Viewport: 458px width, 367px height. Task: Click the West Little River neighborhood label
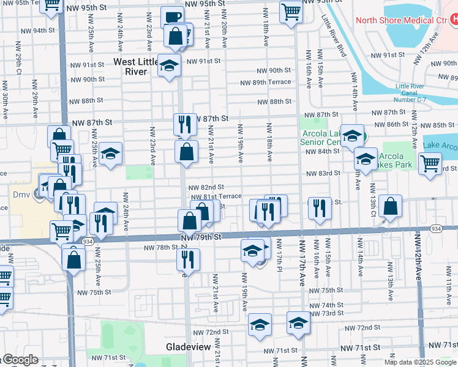(x=139, y=67)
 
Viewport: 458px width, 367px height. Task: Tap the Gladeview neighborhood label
(x=189, y=347)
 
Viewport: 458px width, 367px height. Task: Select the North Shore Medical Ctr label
(x=402, y=20)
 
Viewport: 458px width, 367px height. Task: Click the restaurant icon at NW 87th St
(x=184, y=125)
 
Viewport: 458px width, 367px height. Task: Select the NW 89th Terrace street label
(x=265, y=82)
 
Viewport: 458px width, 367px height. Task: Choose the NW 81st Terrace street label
(x=216, y=196)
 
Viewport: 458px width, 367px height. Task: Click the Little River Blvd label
(x=334, y=35)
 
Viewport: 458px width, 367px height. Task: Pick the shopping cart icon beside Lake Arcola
(x=430, y=162)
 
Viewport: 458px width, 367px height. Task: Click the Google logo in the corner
(x=19, y=360)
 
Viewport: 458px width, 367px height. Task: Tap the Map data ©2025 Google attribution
(x=420, y=362)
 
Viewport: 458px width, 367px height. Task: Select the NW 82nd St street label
(x=206, y=187)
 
